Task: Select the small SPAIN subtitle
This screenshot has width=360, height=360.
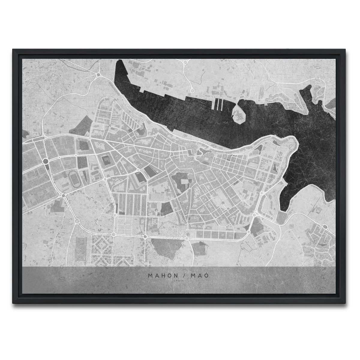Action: click(180, 281)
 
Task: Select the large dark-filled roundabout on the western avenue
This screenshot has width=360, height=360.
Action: click(46, 162)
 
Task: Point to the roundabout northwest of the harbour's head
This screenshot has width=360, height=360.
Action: click(98, 75)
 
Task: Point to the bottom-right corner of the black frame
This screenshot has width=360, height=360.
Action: click(347, 302)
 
